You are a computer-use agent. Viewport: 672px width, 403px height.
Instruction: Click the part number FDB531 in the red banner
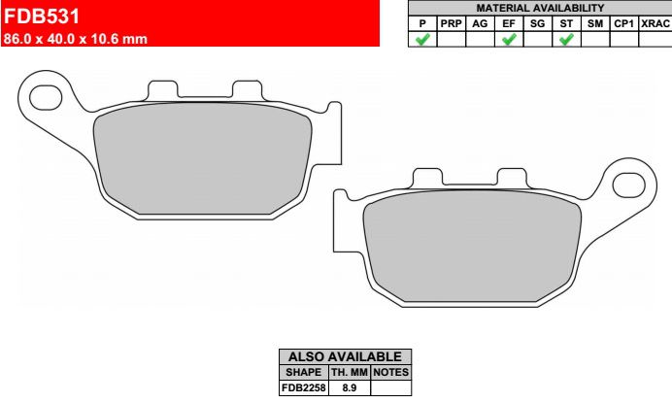click(42, 17)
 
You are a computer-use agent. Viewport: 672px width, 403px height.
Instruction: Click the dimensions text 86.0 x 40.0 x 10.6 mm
click(76, 39)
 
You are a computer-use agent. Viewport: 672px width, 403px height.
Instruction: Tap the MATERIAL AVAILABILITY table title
click(540, 8)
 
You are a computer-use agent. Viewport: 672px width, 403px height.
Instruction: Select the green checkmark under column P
click(422, 40)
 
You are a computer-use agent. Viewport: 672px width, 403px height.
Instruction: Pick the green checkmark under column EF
click(509, 40)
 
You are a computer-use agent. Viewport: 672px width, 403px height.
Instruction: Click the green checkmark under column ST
click(566, 40)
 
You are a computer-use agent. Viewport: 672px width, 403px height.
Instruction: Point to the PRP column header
click(451, 23)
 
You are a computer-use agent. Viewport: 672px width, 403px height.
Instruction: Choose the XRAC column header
click(655, 23)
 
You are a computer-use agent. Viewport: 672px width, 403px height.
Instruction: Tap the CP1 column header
click(623, 23)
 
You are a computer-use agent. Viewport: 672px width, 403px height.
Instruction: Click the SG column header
click(537, 23)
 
